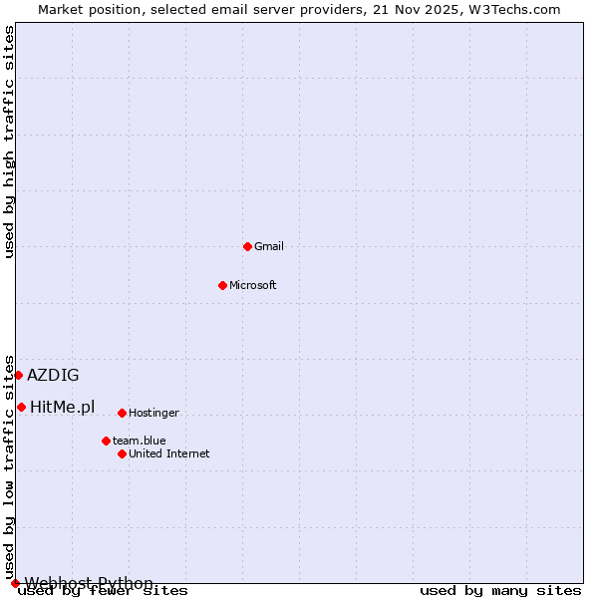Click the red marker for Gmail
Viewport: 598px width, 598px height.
coord(247,246)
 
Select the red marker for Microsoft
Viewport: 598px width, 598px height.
coord(222,285)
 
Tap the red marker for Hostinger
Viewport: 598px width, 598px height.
coord(122,413)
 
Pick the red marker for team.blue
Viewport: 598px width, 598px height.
coord(106,441)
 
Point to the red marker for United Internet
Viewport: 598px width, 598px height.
coord(122,453)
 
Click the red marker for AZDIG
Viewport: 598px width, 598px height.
coord(18,375)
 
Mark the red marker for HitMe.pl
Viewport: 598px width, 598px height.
coord(21,407)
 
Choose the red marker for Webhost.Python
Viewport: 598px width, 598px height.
coord(15,583)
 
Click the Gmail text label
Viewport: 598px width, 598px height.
coord(269,246)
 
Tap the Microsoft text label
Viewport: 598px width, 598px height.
coord(253,285)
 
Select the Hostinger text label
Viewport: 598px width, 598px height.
coord(153,413)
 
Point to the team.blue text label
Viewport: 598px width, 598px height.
coord(140,441)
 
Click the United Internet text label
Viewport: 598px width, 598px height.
coord(169,453)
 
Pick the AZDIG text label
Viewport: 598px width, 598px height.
coord(53,376)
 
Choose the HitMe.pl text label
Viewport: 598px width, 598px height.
coord(63,407)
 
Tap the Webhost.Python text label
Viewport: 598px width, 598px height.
coord(90,583)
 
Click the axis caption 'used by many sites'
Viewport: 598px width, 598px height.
coord(500,591)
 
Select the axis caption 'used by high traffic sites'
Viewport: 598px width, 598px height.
coord(10,142)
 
